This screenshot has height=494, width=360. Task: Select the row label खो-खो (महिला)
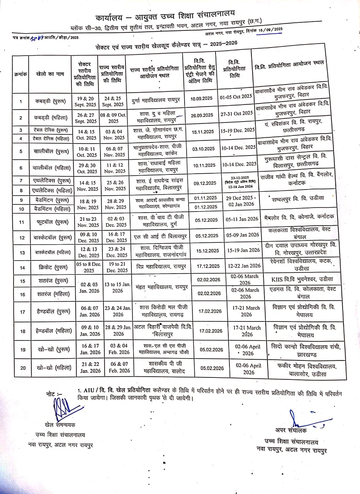click(x=49, y=368)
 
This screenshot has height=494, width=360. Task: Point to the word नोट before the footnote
click(x=52, y=392)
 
